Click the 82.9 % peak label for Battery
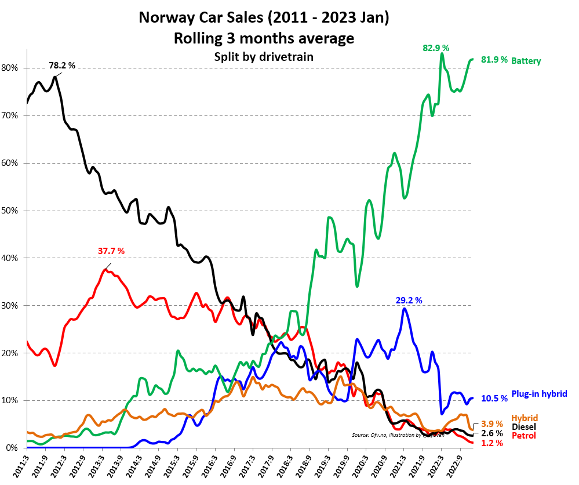[436, 48]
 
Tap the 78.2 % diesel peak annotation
[61, 66]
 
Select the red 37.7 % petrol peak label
[111, 251]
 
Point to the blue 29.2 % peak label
[409, 300]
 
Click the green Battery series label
[526, 60]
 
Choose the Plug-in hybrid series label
[539, 394]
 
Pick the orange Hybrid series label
[524, 418]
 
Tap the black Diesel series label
[524, 427]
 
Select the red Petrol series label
[523, 436]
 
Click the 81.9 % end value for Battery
[494, 60]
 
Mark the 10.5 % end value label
[494, 398]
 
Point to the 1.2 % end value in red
[492, 443]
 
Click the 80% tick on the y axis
[10, 68]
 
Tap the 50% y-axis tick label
[10, 211]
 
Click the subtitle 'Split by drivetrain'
[264, 56]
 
